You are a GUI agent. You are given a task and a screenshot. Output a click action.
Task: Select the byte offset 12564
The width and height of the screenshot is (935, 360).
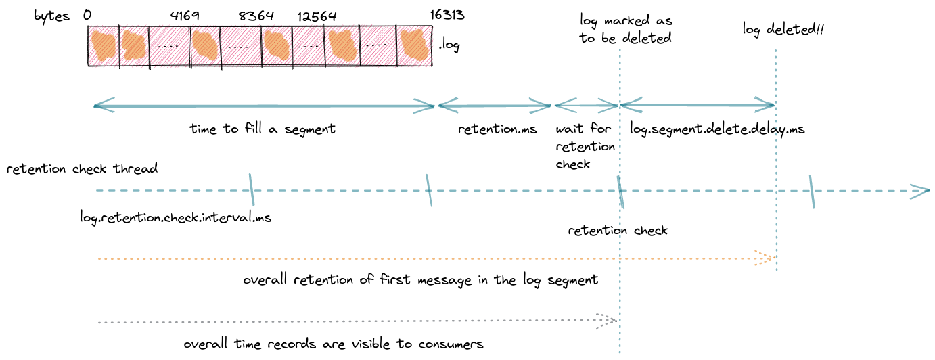(316, 16)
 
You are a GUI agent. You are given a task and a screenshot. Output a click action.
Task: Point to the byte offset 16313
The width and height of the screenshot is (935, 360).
(447, 16)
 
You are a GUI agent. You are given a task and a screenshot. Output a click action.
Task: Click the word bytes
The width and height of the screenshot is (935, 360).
(52, 16)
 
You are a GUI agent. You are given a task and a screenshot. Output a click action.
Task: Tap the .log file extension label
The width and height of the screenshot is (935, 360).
(449, 47)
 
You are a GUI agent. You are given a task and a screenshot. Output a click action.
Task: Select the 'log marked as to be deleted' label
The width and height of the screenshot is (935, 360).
(625, 29)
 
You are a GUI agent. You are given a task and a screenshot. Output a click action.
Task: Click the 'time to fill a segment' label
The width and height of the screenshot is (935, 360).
(263, 129)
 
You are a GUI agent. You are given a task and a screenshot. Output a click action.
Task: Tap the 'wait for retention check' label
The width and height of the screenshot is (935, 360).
(585, 145)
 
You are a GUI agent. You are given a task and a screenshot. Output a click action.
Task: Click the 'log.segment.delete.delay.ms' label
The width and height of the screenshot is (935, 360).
(717, 129)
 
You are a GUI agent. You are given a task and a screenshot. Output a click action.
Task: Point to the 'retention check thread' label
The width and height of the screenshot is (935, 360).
(83, 168)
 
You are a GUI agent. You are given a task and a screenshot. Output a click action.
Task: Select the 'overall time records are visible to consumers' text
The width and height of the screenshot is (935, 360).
(334, 344)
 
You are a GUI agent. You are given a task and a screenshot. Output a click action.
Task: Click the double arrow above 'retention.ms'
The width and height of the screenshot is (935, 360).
(495, 106)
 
